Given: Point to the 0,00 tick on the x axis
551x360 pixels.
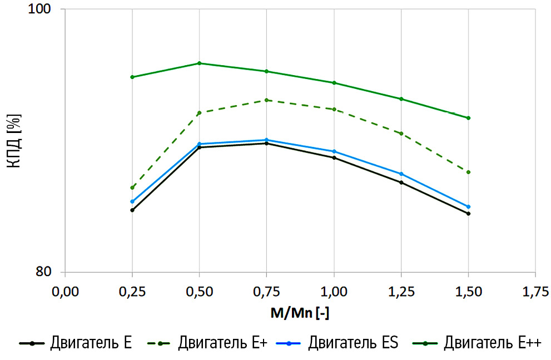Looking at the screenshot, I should (x=65, y=292).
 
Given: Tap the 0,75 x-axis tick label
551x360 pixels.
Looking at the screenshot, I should (x=266, y=292).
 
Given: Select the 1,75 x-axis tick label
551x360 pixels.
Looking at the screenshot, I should (x=535, y=292).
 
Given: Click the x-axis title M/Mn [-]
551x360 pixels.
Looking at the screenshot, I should (x=300, y=314).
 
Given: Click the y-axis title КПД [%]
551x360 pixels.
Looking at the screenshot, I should (x=13, y=141).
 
